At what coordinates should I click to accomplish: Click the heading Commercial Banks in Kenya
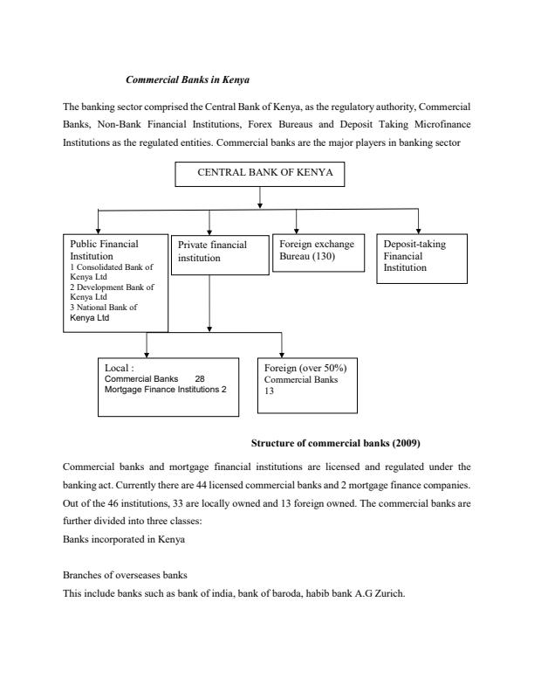188,80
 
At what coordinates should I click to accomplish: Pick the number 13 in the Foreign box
270,391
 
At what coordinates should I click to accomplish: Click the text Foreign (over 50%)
305,368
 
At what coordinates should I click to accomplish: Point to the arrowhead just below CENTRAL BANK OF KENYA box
260,204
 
